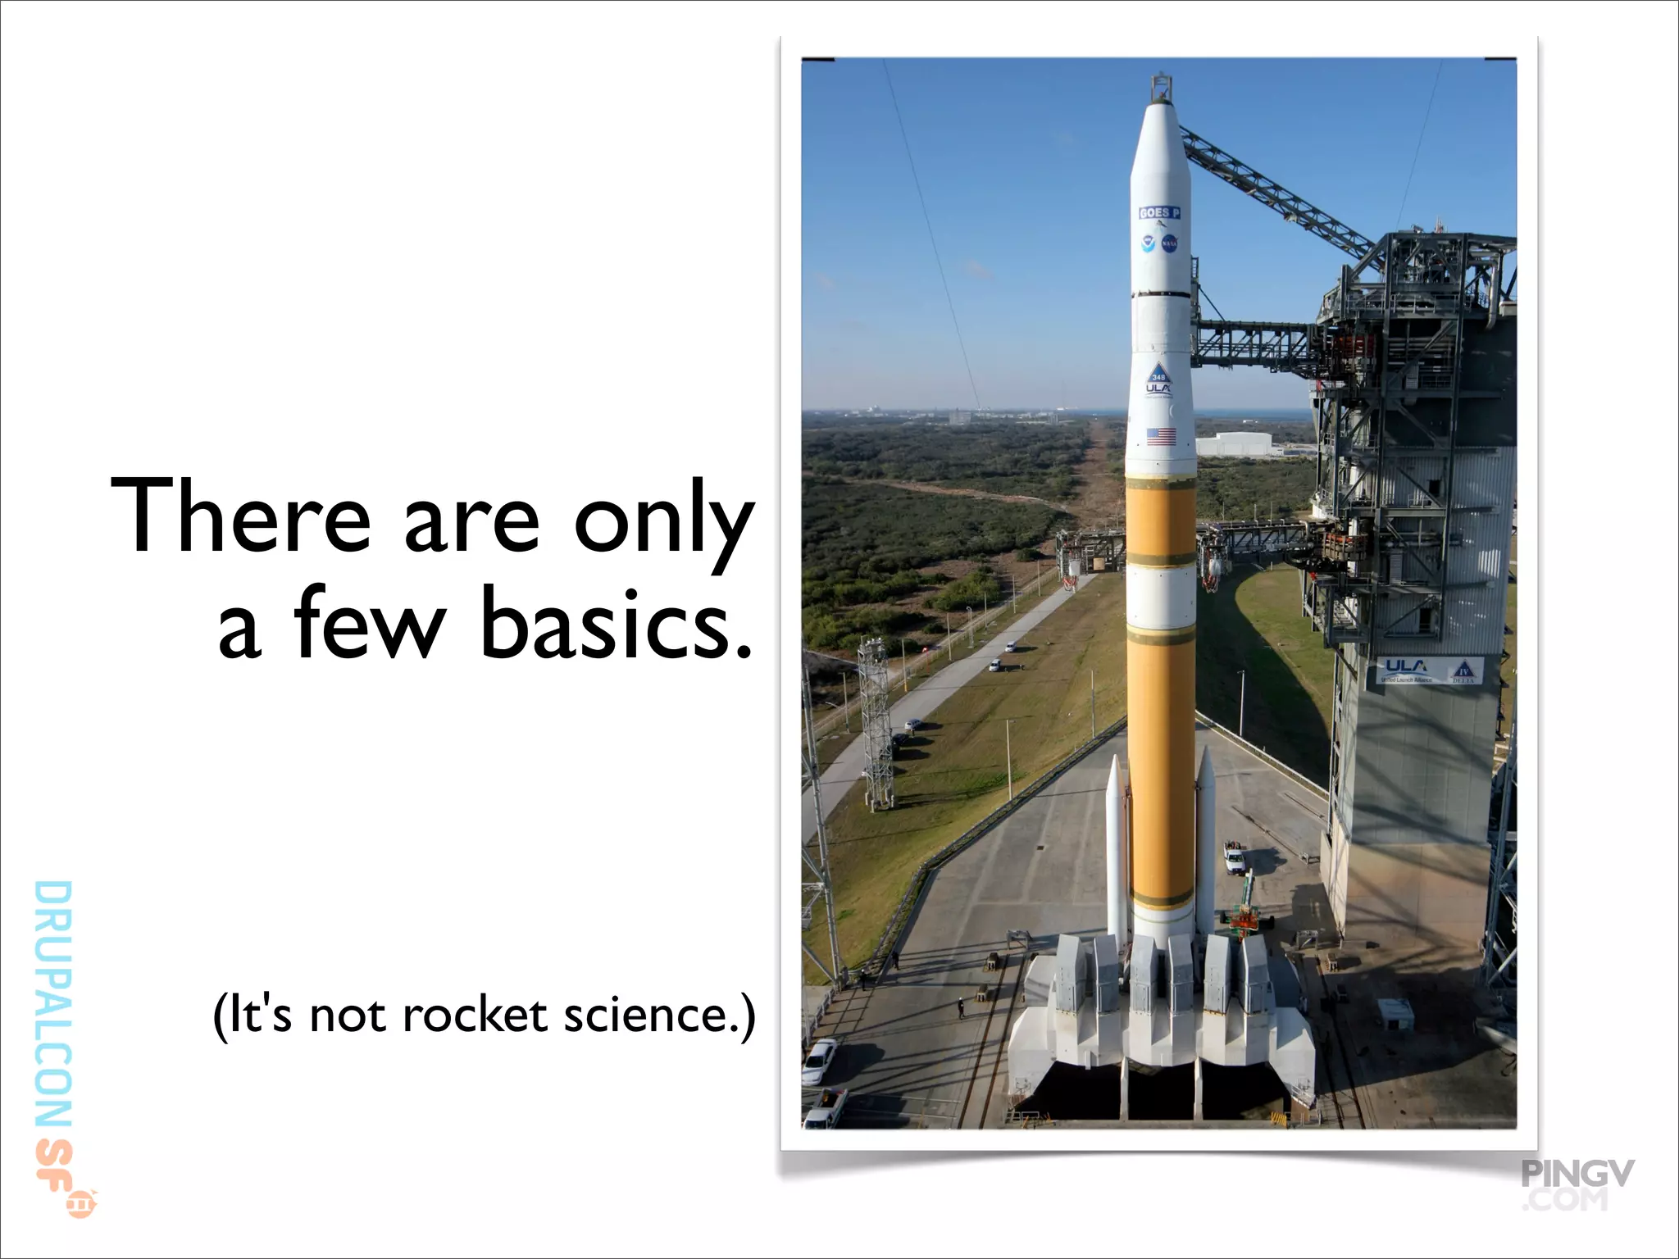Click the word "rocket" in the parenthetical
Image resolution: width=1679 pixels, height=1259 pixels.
coord(475,1016)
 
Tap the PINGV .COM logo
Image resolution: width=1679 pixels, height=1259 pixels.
coord(1577,1185)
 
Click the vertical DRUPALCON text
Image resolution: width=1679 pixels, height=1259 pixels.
coord(54,1004)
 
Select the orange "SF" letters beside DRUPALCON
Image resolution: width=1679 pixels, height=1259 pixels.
coord(54,1160)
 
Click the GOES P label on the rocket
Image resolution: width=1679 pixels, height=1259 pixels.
coord(1159,213)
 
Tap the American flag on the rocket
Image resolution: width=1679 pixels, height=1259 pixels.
coord(1161,436)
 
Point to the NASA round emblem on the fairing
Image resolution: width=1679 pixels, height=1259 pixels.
coord(1170,243)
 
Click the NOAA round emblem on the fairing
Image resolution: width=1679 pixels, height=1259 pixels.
coord(1149,243)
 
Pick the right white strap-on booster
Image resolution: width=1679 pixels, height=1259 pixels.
coord(1205,844)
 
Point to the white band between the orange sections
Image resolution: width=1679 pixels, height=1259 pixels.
coord(1160,594)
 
